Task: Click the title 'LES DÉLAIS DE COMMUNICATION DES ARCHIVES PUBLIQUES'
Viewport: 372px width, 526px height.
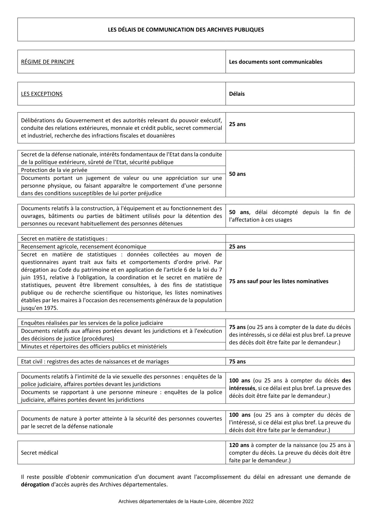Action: (186, 30)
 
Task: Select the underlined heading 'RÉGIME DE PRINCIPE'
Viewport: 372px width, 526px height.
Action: (47, 62)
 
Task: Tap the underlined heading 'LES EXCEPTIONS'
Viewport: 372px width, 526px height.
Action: (42, 94)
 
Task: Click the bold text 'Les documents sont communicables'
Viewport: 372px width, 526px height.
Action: (275, 62)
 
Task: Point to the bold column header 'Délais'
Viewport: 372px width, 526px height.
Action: (237, 94)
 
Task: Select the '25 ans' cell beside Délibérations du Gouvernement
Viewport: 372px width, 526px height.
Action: (237, 124)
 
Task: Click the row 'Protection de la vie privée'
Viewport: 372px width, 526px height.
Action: (54, 170)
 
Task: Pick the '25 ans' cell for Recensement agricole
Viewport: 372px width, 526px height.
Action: (237, 247)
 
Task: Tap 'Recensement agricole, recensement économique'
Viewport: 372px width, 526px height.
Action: (83, 247)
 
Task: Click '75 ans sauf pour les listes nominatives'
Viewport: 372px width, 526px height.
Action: (279, 281)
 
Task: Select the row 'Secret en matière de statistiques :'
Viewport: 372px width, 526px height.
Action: (64, 239)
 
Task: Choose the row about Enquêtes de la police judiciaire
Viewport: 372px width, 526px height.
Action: (92, 323)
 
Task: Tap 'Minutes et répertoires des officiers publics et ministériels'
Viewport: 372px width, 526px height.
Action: (94, 347)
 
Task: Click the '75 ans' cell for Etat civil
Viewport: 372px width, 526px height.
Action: (237, 362)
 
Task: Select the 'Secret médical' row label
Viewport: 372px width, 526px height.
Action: (39, 453)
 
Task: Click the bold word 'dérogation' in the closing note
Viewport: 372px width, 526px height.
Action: (35, 485)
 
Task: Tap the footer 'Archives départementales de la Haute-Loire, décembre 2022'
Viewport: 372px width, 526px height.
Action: (186, 501)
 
